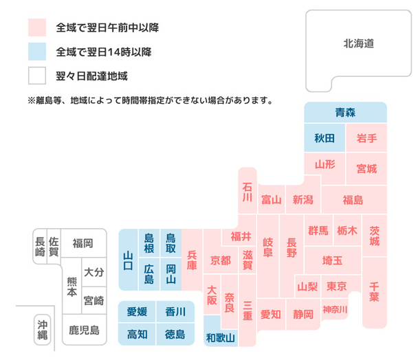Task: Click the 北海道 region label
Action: click(358, 43)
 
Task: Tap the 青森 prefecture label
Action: click(345, 112)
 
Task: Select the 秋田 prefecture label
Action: click(324, 138)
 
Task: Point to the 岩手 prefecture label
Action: click(366, 138)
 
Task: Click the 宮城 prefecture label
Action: click(366, 168)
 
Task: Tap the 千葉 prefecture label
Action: click(375, 292)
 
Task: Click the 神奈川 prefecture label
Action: click(335, 309)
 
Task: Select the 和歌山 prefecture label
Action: click(221, 337)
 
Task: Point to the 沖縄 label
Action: click(42, 330)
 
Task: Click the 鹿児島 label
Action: click(84, 330)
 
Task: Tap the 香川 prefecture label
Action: click(175, 312)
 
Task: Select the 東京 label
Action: click(337, 286)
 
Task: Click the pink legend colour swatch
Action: click(36, 28)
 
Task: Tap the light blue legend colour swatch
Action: click(36, 52)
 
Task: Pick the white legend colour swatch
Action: click(36, 75)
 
